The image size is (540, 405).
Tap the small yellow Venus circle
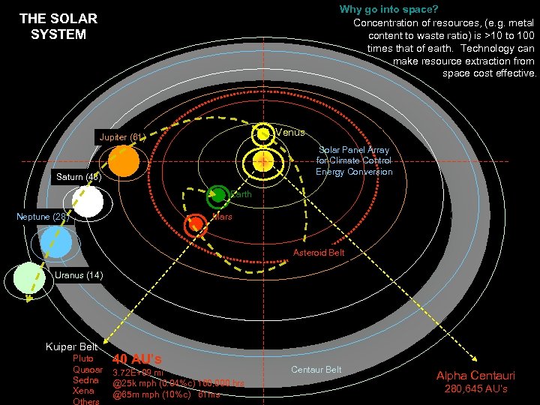coord(263,134)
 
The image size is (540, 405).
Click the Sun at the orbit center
coord(263,162)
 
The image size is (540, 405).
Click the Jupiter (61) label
coord(120,137)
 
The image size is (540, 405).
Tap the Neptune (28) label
coord(43,217)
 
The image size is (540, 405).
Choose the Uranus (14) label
coord(79,274)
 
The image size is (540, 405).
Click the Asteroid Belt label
coord(319,253)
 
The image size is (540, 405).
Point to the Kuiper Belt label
coord(72,346)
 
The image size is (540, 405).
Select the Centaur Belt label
coord(316,369)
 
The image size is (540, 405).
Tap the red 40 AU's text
coord(137,358)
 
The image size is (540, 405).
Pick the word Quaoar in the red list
coord(87,369)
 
